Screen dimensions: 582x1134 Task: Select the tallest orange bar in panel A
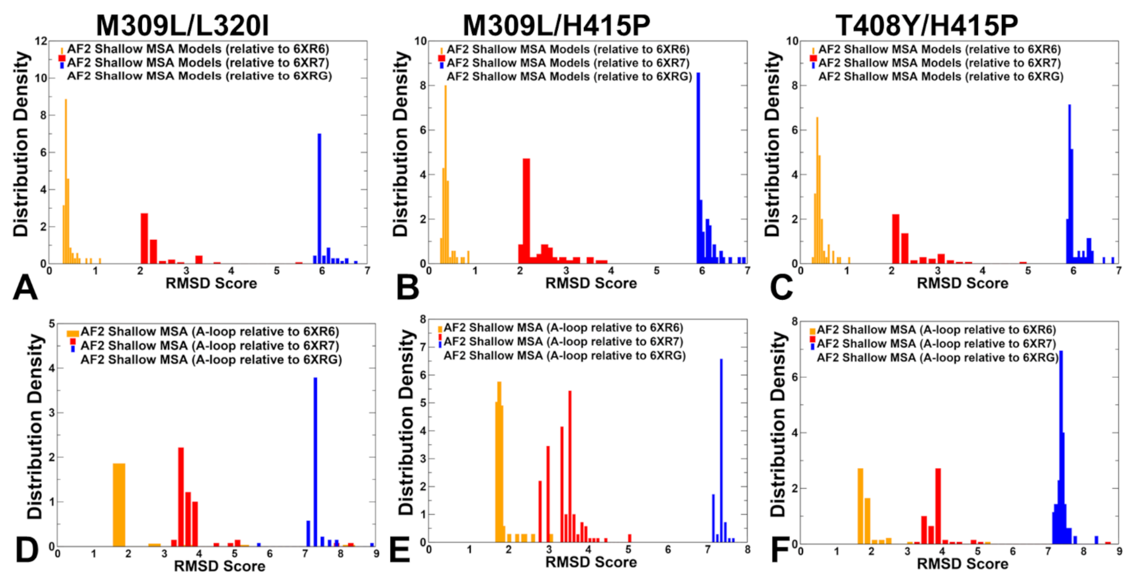click(66, 180)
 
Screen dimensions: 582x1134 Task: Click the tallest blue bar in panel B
click(698, 167)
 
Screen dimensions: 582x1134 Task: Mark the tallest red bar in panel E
click(570, 467)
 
